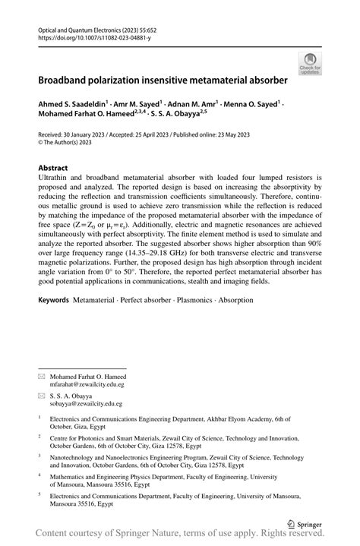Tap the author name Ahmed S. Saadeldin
[74, 101]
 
